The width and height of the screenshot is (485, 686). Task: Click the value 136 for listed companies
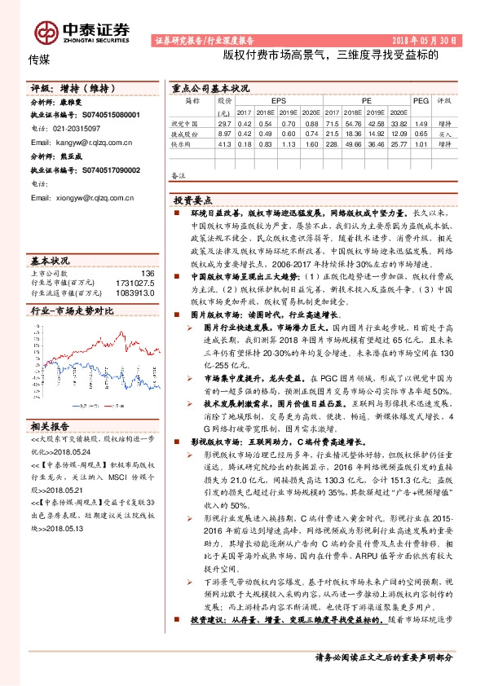click(148, 273)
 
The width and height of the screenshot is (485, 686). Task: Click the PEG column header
click(421, 100)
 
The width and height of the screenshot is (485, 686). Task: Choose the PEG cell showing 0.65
click(421, 132)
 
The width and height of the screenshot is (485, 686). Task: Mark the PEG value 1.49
click(421, 122)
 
